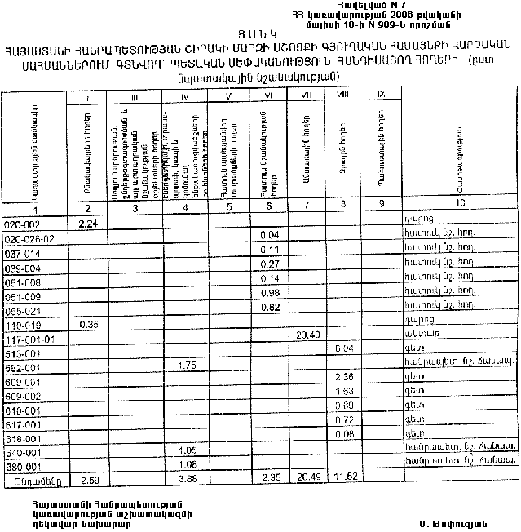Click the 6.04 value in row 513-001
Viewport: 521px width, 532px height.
point(344,348)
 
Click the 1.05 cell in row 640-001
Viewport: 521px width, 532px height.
point(188,450)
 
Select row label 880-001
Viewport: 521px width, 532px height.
point(23,466)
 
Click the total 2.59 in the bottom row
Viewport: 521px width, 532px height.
point(89,478)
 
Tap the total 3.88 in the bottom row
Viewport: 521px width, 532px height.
point(188,478)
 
